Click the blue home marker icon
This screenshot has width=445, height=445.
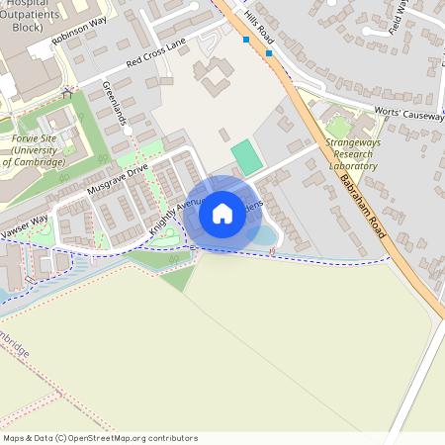tap(222, 214)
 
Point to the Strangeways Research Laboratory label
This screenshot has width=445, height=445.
tap(352, 154)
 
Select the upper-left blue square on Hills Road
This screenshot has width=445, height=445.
tap(245, 40)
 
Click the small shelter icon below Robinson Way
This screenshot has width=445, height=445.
tap(68, 93)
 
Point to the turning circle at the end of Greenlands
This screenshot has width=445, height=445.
tap(128, 130)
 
